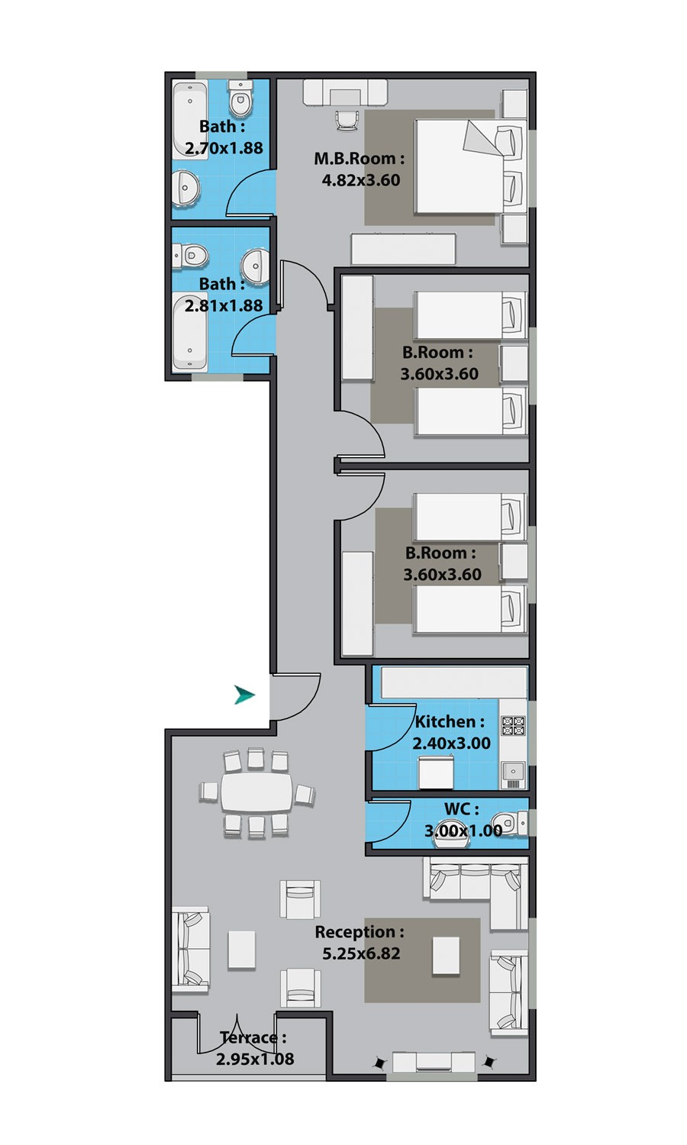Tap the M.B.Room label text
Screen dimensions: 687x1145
point(359,159)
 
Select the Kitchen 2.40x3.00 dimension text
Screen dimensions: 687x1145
point(451,743)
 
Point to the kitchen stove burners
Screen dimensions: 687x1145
point(513,725)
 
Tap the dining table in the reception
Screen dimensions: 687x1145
point(256,792)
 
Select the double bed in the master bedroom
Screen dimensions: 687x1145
point(470,166)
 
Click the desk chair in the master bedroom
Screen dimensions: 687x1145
point(347,121)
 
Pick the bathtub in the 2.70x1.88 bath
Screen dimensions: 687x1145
point(189,121)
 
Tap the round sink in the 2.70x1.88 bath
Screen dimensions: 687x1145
point(185,189)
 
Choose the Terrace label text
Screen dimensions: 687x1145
point(253,1037)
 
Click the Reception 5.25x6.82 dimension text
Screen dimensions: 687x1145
point(361,953)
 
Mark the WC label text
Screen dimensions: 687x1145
point(462,809)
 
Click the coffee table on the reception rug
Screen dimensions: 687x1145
point(446,956)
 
